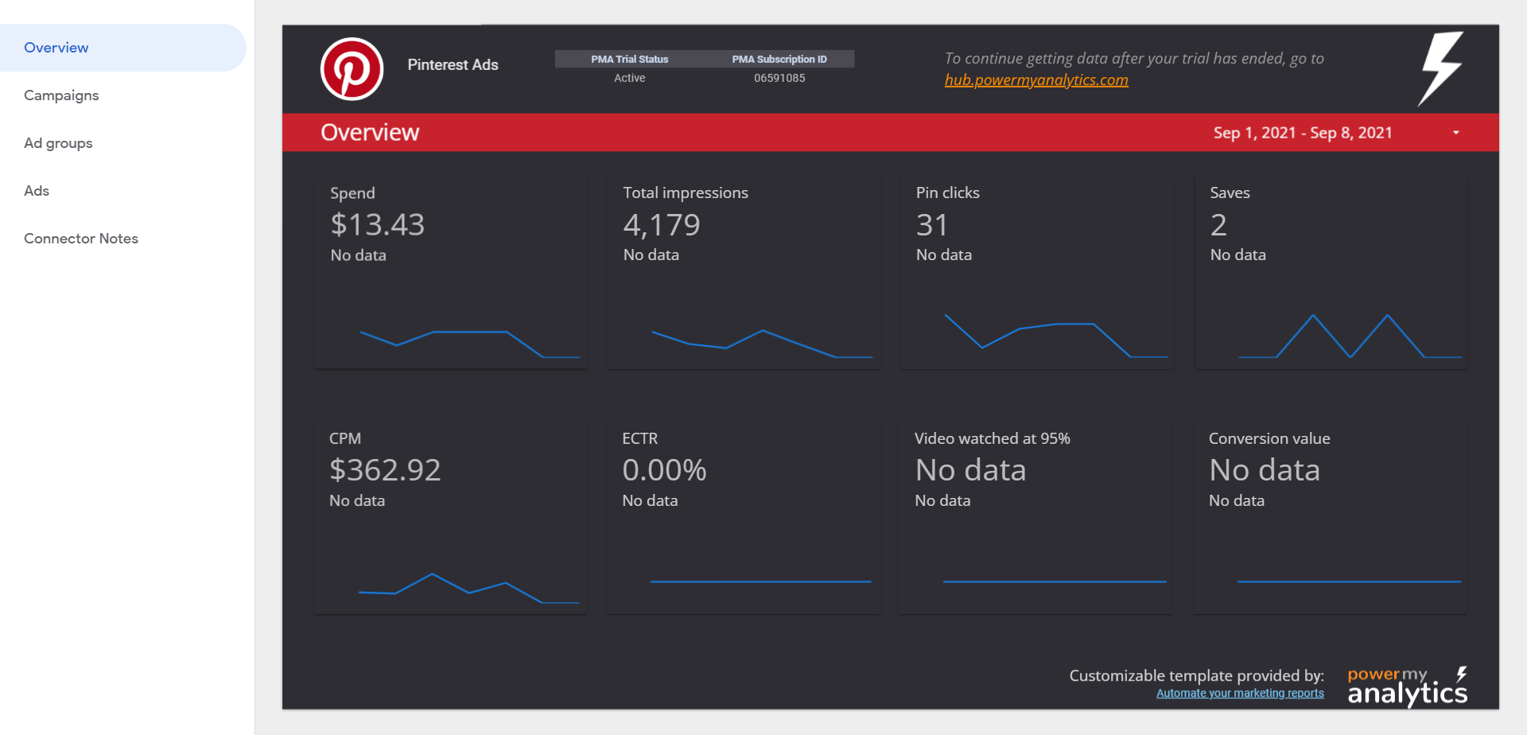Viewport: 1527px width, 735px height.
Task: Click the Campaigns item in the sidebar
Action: coord(61,95)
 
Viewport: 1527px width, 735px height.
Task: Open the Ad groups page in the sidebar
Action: coord(58,143)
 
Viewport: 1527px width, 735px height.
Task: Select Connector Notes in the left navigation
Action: coord(81,239)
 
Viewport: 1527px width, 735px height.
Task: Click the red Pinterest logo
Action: coord(352,69)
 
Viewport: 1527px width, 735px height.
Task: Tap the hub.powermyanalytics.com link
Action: coord(1035,80)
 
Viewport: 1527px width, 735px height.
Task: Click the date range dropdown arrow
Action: coord(1455,133)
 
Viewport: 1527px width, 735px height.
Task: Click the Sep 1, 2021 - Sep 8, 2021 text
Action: coord(1302,133)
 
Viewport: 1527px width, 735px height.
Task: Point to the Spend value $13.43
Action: coord(377,225)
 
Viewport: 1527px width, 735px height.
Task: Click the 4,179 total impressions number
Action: coord(661,225)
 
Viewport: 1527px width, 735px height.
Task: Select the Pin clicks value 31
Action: coord(931,225)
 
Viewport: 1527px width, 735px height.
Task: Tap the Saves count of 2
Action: coord(1218,225)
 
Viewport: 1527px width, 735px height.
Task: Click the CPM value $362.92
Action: coord(385,470)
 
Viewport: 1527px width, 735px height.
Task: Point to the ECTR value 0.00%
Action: coord(664,470)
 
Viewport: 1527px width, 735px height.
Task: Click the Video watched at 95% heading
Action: coord(992,438)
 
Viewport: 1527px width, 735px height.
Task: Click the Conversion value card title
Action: coord(1269,438)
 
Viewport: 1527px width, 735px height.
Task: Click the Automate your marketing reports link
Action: coord(1239,694)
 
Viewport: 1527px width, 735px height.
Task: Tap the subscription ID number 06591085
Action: coord(779,78)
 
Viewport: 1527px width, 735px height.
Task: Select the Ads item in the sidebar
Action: coord(37,191)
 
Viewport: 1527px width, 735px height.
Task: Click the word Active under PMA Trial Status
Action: coord(629,78)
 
